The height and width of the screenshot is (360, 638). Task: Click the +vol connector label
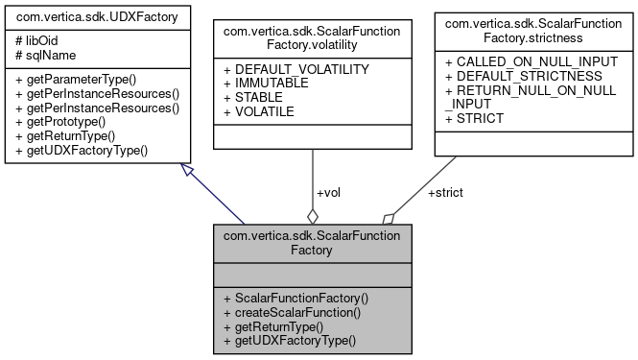pyautogui.click(x=327, y=192)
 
